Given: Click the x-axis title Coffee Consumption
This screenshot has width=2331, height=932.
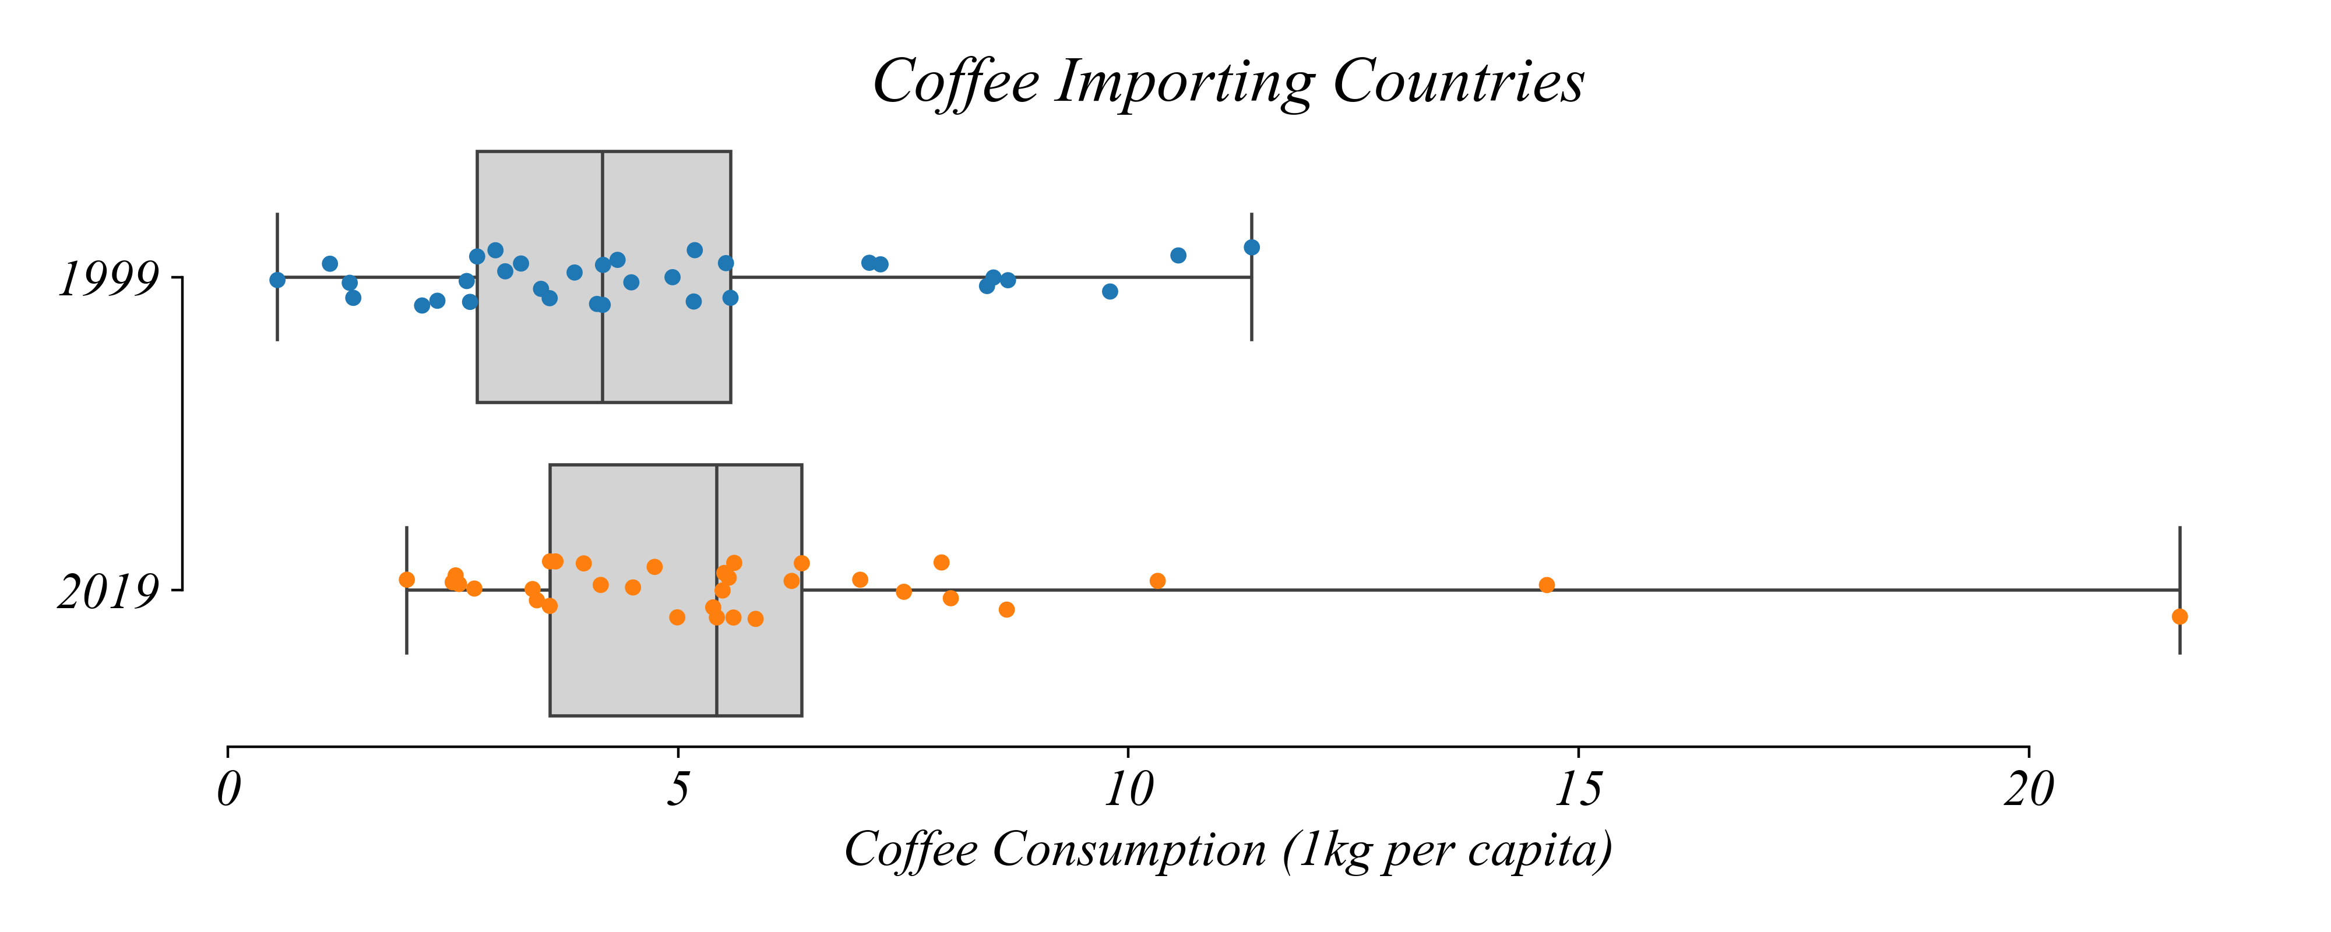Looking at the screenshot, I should pyautogui.click(x=1228, y=850).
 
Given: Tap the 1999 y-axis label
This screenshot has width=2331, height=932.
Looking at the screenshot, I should pyautogui.click(x=108, y=278).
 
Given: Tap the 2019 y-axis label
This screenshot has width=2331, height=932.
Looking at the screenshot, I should pyautogui.click(x=108, y=592).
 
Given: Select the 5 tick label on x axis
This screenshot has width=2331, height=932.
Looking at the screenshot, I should pyautogui.click(x=678, y=790).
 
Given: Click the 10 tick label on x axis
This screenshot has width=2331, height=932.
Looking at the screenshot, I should pyautogui.click(x=1128, y=790).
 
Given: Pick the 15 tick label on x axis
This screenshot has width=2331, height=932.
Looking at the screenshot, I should pyautogui.click(x=1578, y=790).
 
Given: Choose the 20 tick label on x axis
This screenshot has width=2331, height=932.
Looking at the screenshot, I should pyautogui.click(x=2029, y=790).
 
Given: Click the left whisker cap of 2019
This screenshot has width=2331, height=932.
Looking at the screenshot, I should pyautogui.click(x=407, y=633).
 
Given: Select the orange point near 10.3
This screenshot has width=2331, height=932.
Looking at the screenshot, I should pyautogui.click(x=1157, y=581).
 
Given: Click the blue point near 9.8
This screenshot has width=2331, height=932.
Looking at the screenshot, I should pyautogui.click(x=1110, y=291).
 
